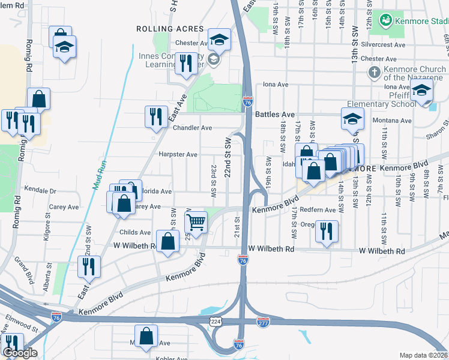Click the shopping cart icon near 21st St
coord(197,222)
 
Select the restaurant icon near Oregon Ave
coord(327,231)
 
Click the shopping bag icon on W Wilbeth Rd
coord(169,242)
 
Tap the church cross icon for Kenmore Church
coord(374,73)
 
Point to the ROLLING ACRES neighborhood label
coord(162,29)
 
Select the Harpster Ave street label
coord(178,154)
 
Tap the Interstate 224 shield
coord(215,322)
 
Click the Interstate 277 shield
coord(262,322)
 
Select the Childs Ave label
coord(136,232)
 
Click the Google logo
coord(20,353)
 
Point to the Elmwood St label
coord(22,329)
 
